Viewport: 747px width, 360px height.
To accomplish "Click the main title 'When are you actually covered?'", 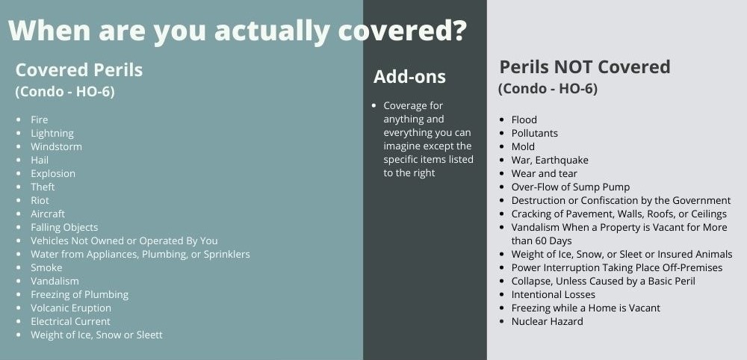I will [x=238, y=30].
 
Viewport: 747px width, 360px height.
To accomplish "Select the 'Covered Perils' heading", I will [x=78, y=70].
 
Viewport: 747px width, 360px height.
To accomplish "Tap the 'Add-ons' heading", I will [x=409, y=76].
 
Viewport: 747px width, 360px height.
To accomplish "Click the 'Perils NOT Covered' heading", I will [x=584, y=67].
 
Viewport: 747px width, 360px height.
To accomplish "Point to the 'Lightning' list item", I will [x=52, y=133].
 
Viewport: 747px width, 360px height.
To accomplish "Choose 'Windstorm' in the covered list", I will [x=56, y=146].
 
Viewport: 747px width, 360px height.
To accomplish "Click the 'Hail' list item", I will [x=40, y=160].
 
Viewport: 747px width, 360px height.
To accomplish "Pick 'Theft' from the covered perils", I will [x=43, y=187].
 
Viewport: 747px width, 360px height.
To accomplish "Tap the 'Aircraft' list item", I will [x=48, y=214].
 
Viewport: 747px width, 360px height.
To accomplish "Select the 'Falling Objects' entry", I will [x=64, y=227].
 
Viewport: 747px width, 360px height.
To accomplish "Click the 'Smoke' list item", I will [x=46, y=267].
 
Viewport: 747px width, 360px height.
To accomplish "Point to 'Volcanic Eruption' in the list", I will [x=71, y=308].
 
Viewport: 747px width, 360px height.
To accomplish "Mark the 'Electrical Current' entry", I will [x=70, y=321].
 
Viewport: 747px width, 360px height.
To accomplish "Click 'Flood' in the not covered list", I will [x=524, y=120].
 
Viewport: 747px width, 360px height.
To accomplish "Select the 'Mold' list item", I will [x=523, y=146].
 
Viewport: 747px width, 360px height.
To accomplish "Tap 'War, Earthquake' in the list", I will [x=550, y=160].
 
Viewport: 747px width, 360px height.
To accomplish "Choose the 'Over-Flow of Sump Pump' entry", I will [x=571, y=187].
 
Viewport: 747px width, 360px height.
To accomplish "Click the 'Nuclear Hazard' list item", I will [x=547, y=321].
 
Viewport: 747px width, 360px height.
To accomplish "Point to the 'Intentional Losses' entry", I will [x=553, y=294].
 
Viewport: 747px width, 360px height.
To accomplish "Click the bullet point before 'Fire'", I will [x=19, y=120].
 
